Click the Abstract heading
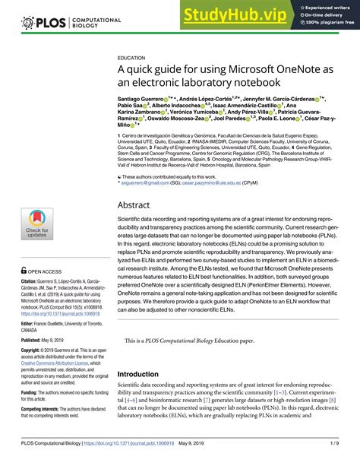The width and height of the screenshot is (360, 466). tap(139, 205)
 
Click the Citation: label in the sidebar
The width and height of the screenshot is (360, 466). tap(33, 281)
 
